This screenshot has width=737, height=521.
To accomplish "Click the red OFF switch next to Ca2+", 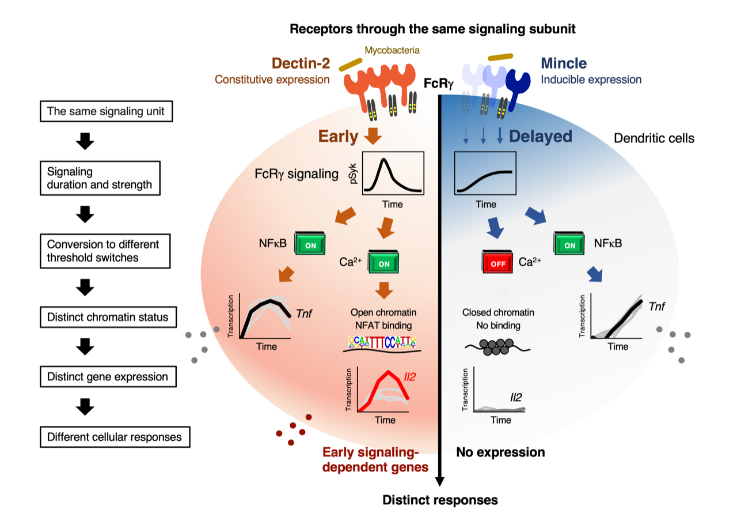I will (x=496, y=264).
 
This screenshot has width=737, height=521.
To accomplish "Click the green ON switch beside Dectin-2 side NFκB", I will (x=310, y=244).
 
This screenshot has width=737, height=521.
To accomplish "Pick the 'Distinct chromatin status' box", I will (x=107, y=316).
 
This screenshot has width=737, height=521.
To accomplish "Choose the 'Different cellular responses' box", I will (x=115, y=437).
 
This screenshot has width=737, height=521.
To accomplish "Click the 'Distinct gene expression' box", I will (x=108, y=377).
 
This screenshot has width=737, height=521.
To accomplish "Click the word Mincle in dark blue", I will (x=565, y=63).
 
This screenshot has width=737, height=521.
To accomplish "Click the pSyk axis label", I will (x=353, y=173).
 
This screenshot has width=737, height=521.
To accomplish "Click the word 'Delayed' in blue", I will (x=541, y=137).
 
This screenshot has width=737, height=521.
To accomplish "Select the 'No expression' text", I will (x=500, y=452).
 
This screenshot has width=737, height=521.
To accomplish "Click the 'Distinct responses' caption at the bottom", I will (x=440, y=500).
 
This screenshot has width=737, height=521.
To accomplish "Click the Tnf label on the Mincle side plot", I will (x=656, y=306).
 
